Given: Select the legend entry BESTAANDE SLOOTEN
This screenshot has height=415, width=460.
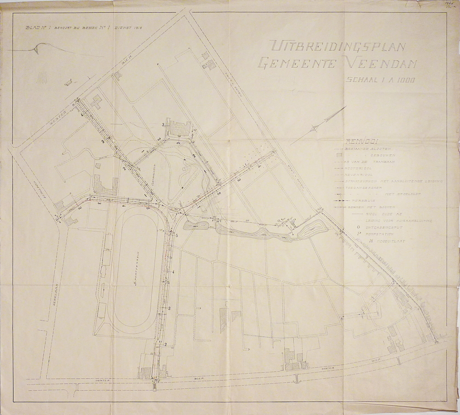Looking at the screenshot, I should (x=368, y=149).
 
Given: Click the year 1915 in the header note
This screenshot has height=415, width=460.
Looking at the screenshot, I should (x=136, y=28).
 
